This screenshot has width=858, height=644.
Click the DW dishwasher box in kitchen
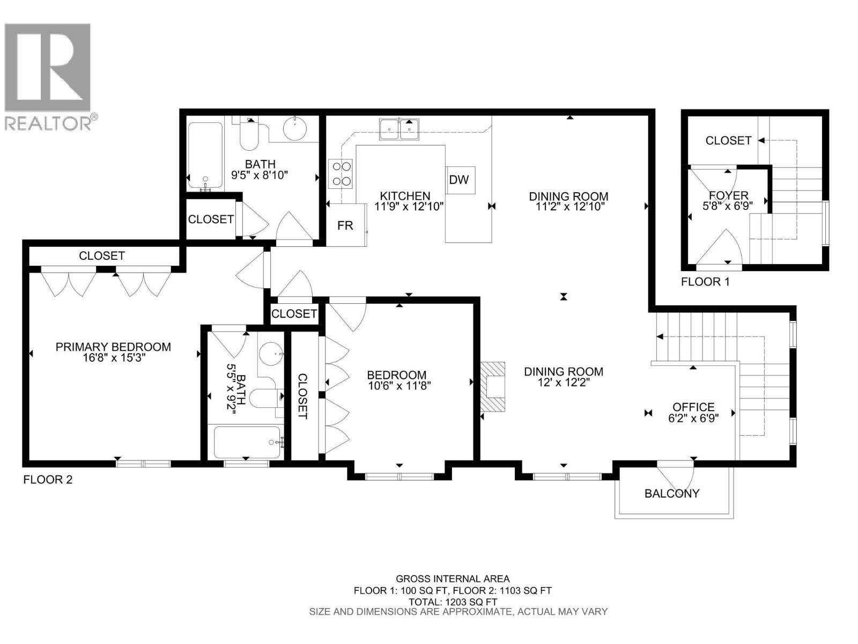459,180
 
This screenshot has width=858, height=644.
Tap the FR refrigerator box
345,225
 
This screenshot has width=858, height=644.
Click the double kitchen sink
400,129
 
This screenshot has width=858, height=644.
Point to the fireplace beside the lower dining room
492,386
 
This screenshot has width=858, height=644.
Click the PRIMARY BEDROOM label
113,347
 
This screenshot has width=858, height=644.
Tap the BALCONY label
672,493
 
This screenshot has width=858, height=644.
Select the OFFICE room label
693,407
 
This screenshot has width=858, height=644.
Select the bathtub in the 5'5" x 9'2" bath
247,442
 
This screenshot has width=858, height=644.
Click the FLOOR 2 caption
48,480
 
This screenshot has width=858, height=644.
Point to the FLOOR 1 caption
705,282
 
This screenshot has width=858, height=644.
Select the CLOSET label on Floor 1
728,141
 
